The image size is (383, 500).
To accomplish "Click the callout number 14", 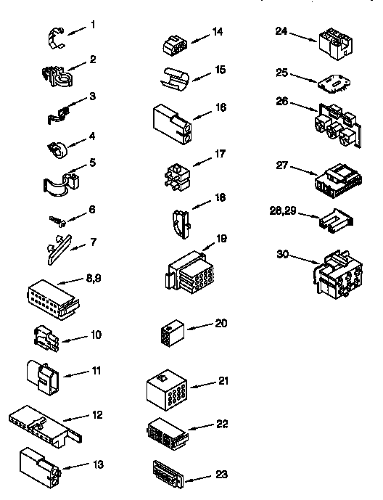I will pos(218,31).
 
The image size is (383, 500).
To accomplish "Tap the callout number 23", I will pos(221,476).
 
